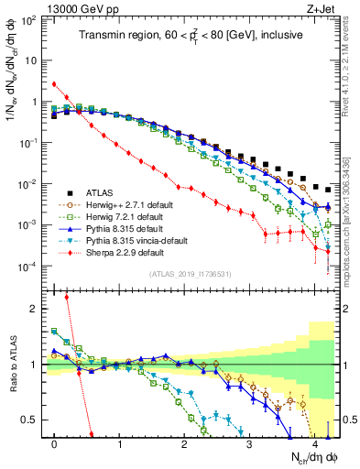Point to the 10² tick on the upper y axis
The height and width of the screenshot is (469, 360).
click(31, 19)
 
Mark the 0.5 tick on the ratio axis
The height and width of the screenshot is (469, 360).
click(32, 420)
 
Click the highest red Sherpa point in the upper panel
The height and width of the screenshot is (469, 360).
click(55, 84)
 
